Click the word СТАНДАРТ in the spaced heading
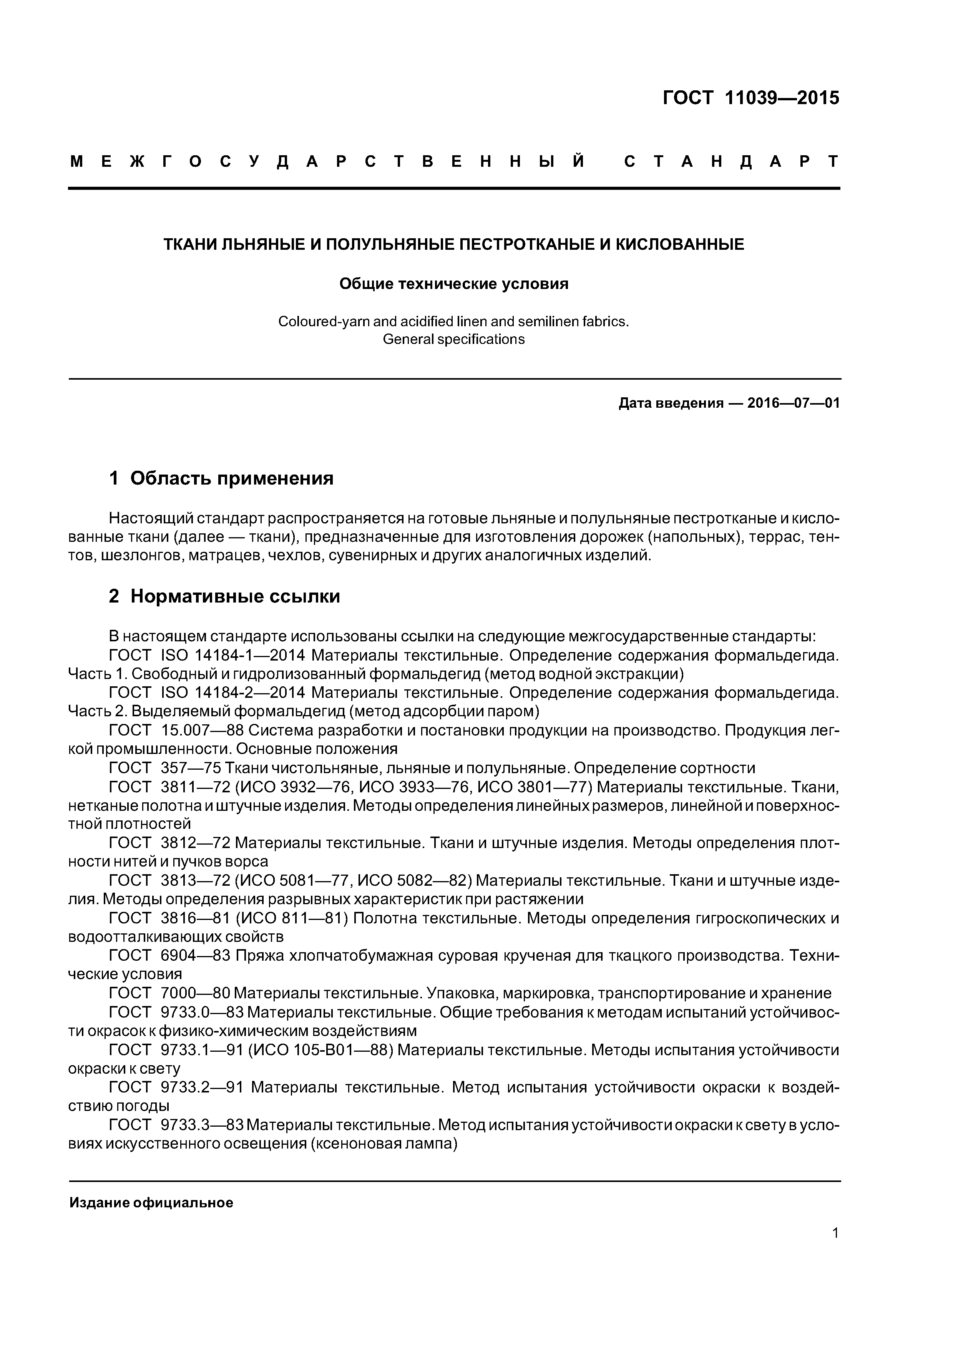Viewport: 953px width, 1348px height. click(x=731, y=161)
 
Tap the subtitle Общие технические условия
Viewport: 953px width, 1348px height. click(x=454, y=284)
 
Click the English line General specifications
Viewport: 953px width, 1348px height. click(x=453, y=339)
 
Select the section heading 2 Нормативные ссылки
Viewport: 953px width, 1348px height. click(x=224, y=596)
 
